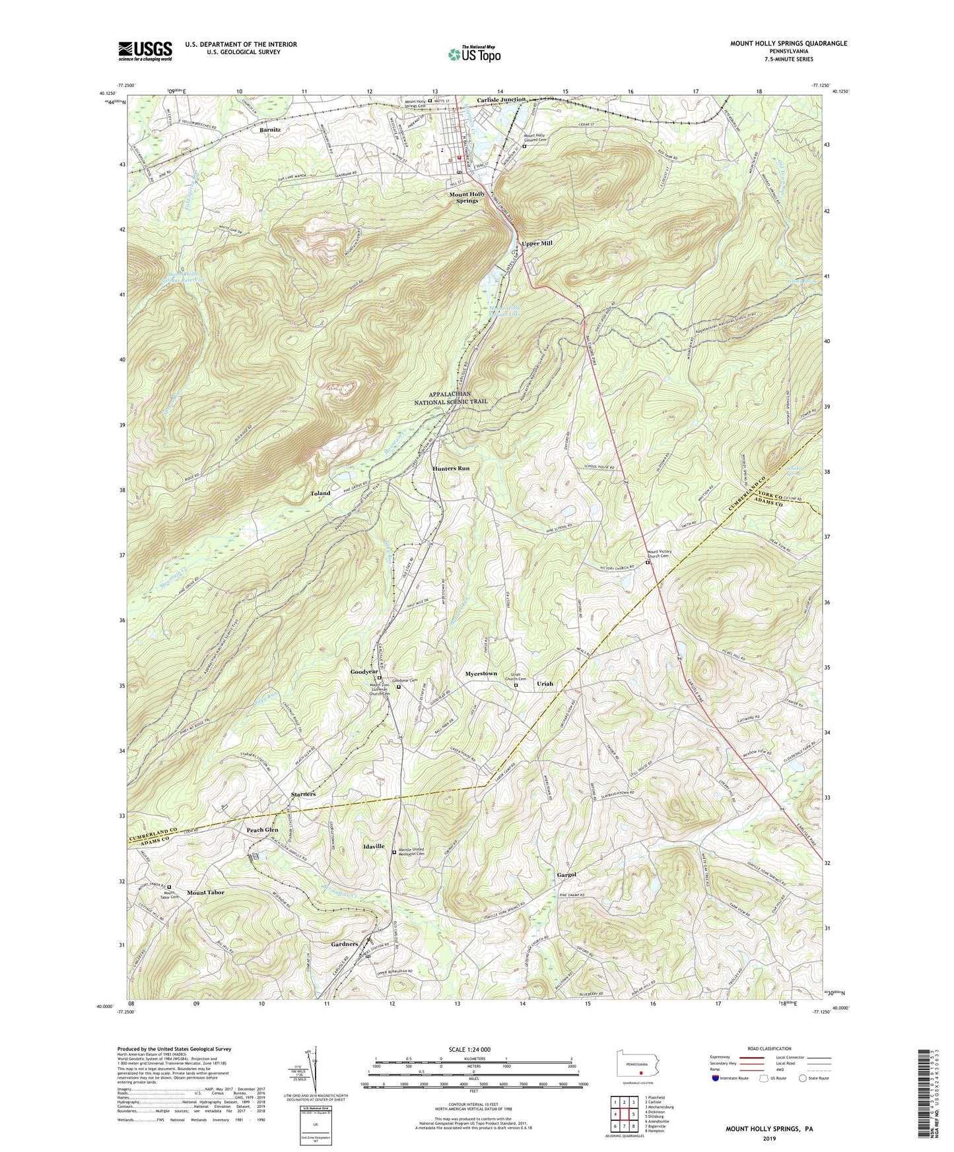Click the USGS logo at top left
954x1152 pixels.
[145, 50]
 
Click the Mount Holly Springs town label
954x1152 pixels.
[467, 197]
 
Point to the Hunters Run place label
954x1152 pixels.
[451, 468]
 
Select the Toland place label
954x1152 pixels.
[321, 493]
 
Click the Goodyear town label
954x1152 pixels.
[364, 672]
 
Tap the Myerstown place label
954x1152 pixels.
[481, 674]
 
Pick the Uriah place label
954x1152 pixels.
[545, 684]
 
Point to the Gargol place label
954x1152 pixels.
[566, 874]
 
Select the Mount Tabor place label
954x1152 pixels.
[205, 892]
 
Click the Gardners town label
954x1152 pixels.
[345, 944]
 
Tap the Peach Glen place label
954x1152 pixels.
[262, 829]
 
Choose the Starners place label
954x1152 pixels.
[304, 794]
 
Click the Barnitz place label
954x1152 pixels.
[270, 130]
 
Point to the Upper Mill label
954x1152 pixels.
[537, 243]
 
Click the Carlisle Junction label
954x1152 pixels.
[502, 100]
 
